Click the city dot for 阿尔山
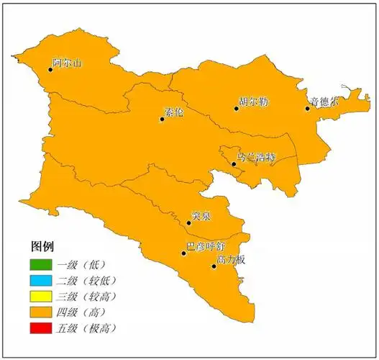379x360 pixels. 50,68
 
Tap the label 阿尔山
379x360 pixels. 68,63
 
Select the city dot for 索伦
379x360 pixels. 162,119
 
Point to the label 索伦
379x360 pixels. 174,112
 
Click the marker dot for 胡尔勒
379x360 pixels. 236,109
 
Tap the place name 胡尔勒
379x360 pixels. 255,102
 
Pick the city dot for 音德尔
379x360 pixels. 307,109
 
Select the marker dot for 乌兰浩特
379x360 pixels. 234,164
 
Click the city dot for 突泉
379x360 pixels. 188,222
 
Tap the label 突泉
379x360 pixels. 202,215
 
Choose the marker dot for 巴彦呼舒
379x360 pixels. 184,253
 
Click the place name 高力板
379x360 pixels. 232,259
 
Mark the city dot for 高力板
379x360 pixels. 214,266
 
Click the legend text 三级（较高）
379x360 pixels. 91,296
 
